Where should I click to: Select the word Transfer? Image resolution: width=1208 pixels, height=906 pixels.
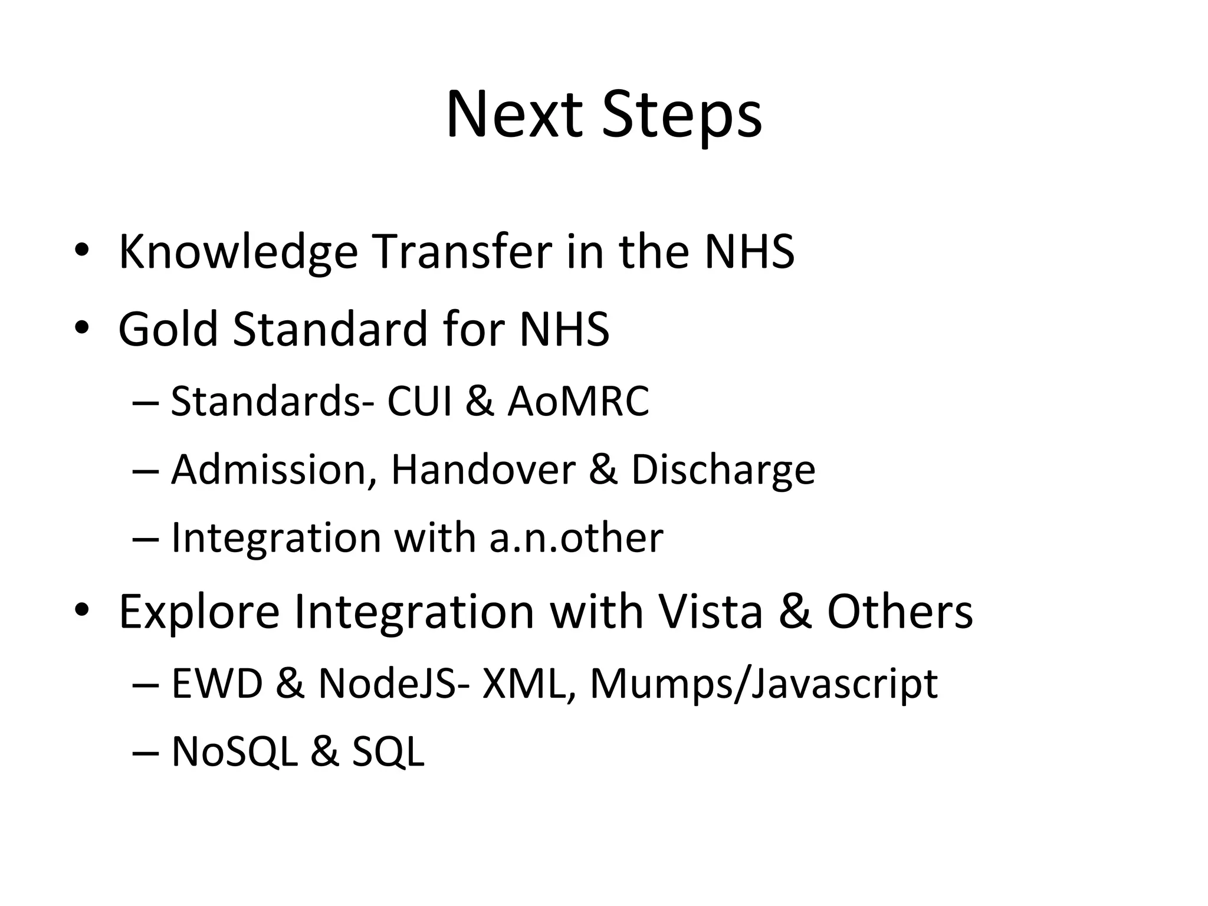pyautogui.click(x=462, y=252)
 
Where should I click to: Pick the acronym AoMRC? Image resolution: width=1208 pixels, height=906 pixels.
pyautogui.click(x=578, y=401)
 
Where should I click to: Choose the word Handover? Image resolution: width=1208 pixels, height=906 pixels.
pyautogui.click(x=482, y=470)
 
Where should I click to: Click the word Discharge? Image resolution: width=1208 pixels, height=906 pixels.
pyautogui.click(x=723, y=471)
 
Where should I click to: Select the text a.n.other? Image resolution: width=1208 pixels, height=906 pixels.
pyautogui.click(x=576, y=538)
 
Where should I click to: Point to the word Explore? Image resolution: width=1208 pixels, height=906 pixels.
pyautogui.click(x=199, y=612)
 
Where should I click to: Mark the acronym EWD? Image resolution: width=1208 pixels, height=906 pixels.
pyautogui.click(x=216, y=684)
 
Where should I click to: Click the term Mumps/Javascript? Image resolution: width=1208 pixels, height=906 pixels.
pyautogui.click(x=763, y=684)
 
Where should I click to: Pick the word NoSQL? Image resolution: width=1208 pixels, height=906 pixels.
pyautogui.click(x=234, y=751)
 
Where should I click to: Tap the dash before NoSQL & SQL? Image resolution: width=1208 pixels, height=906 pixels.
pyautogui.click(x=146, y=753)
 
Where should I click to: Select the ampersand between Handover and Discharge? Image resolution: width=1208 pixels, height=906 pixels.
pyautogui.click(x=603, y=470)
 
